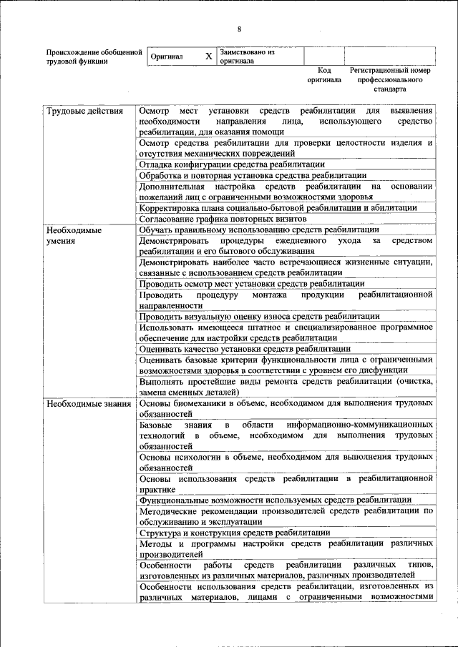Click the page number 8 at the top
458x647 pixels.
coord(239,29)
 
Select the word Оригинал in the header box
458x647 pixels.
coord(167,56)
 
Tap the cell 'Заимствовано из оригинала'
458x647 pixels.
coord(248,56)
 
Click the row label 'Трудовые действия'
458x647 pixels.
coord(80,112)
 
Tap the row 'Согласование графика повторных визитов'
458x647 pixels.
coord(223,218)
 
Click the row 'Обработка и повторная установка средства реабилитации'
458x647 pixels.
coord(253,175)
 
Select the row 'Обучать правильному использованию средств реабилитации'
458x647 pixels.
coord(259,230)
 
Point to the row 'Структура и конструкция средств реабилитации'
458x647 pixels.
coord(235,533)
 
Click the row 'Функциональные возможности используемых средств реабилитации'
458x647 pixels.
coord(275,500)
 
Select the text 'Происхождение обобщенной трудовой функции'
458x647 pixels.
coord(89,56)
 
